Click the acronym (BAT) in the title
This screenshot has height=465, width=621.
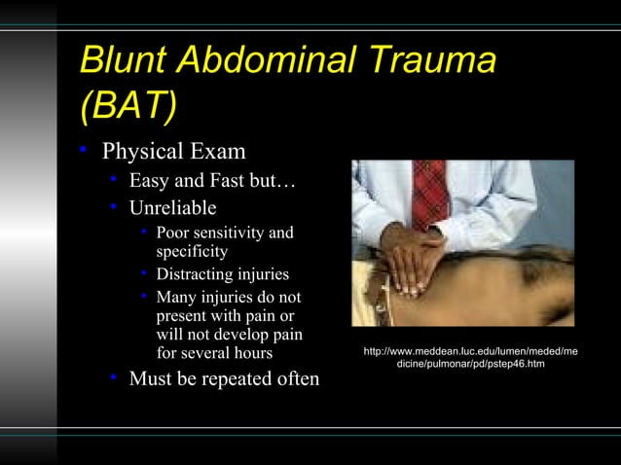pos(129,106)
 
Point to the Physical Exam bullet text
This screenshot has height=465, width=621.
pos(174,153)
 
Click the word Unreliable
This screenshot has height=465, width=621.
pos(173,208)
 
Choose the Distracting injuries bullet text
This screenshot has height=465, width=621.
pos(222,274)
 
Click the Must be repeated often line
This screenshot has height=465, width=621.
pos(224,378)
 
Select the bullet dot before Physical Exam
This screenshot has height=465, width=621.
pos(86,152)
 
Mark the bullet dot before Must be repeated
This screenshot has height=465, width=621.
pos(114,377)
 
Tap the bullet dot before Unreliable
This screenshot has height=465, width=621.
pos(114,207)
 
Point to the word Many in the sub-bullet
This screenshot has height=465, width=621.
pos(176,297)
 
